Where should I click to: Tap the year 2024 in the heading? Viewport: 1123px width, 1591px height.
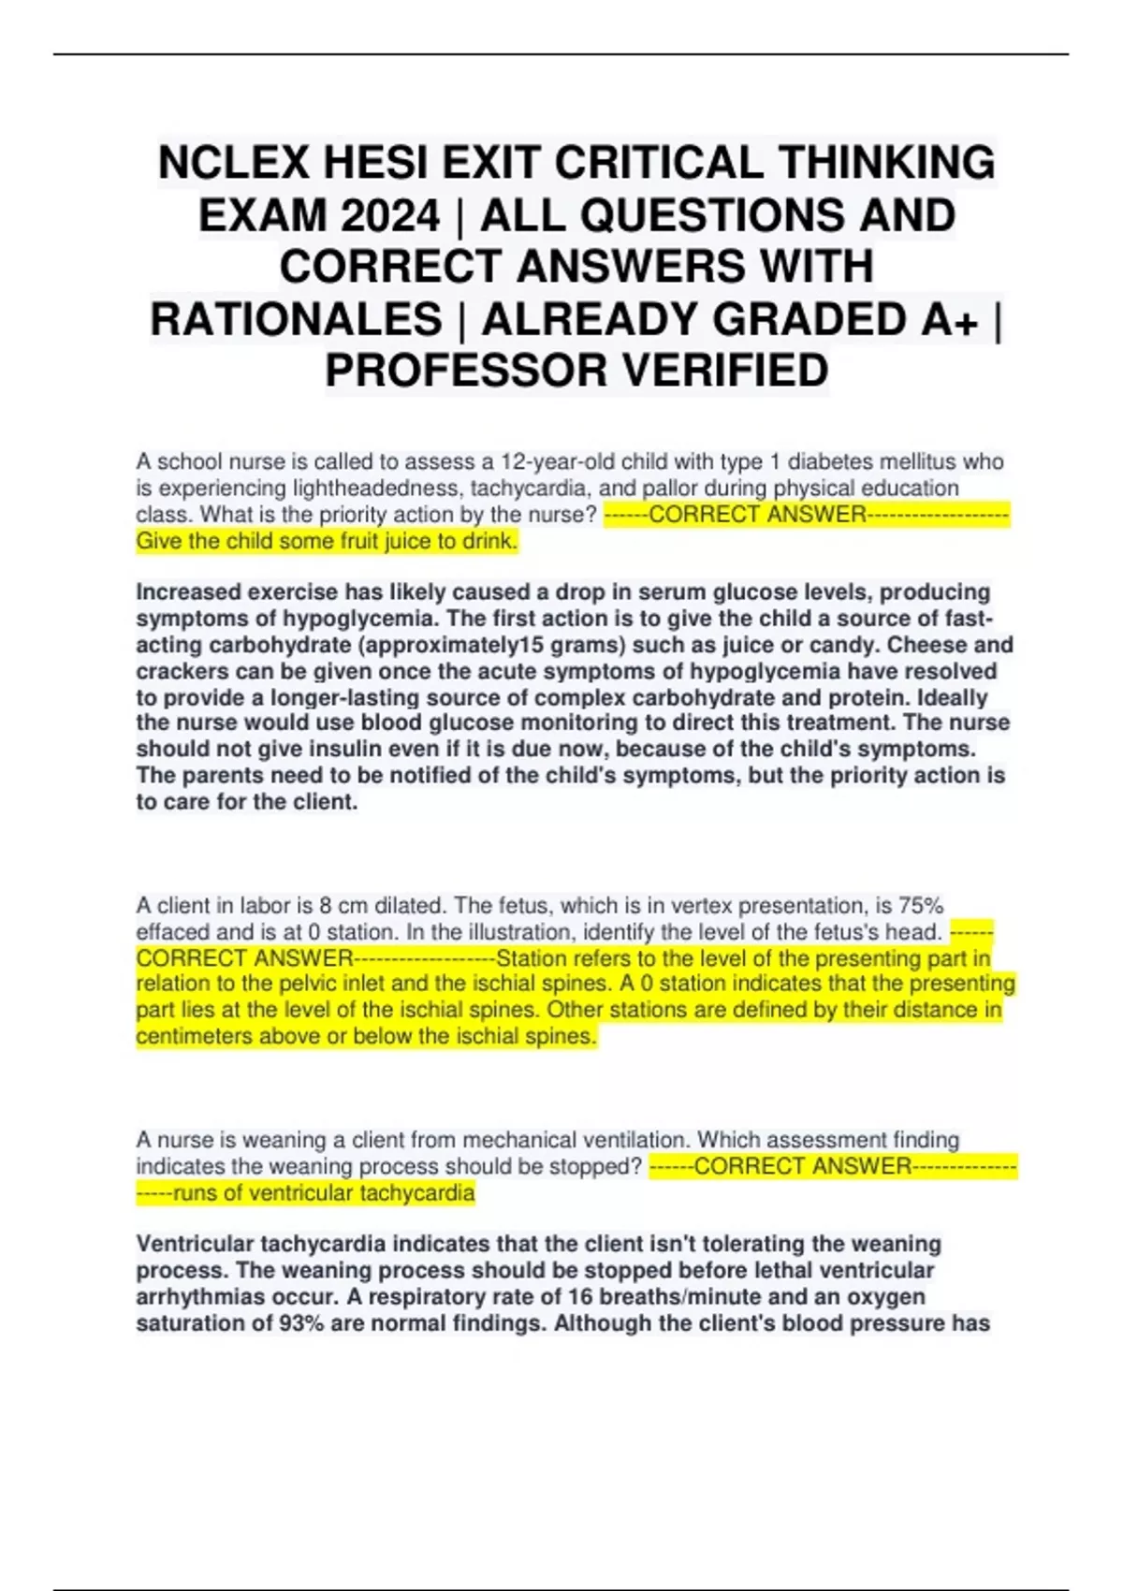(389, 216)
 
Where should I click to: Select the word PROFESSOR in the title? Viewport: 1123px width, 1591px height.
(466, 370)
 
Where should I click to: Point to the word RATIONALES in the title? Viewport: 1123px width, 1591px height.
(296, 319)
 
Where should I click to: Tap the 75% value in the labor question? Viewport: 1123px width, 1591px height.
(921, 906)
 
